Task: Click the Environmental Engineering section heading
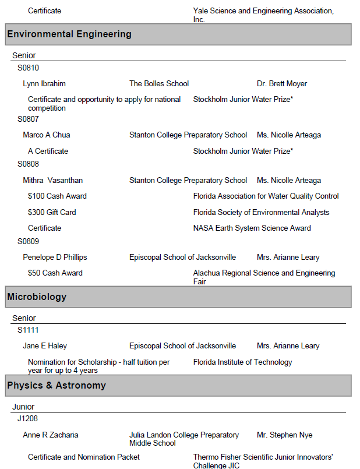69,34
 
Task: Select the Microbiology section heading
37,297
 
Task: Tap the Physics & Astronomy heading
57,386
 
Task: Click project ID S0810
28,68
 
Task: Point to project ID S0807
28,119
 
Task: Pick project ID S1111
28,330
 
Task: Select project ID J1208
28,418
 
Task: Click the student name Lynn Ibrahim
44,84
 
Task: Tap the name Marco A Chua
47,135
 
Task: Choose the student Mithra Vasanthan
53,181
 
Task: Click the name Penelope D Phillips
55,258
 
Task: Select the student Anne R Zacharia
51,435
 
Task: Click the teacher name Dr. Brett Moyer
282,84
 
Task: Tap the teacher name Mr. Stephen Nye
284,435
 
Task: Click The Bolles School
159,84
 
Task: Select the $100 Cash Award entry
57,196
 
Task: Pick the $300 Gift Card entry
52,213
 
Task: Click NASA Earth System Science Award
252,228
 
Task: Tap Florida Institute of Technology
242,362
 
